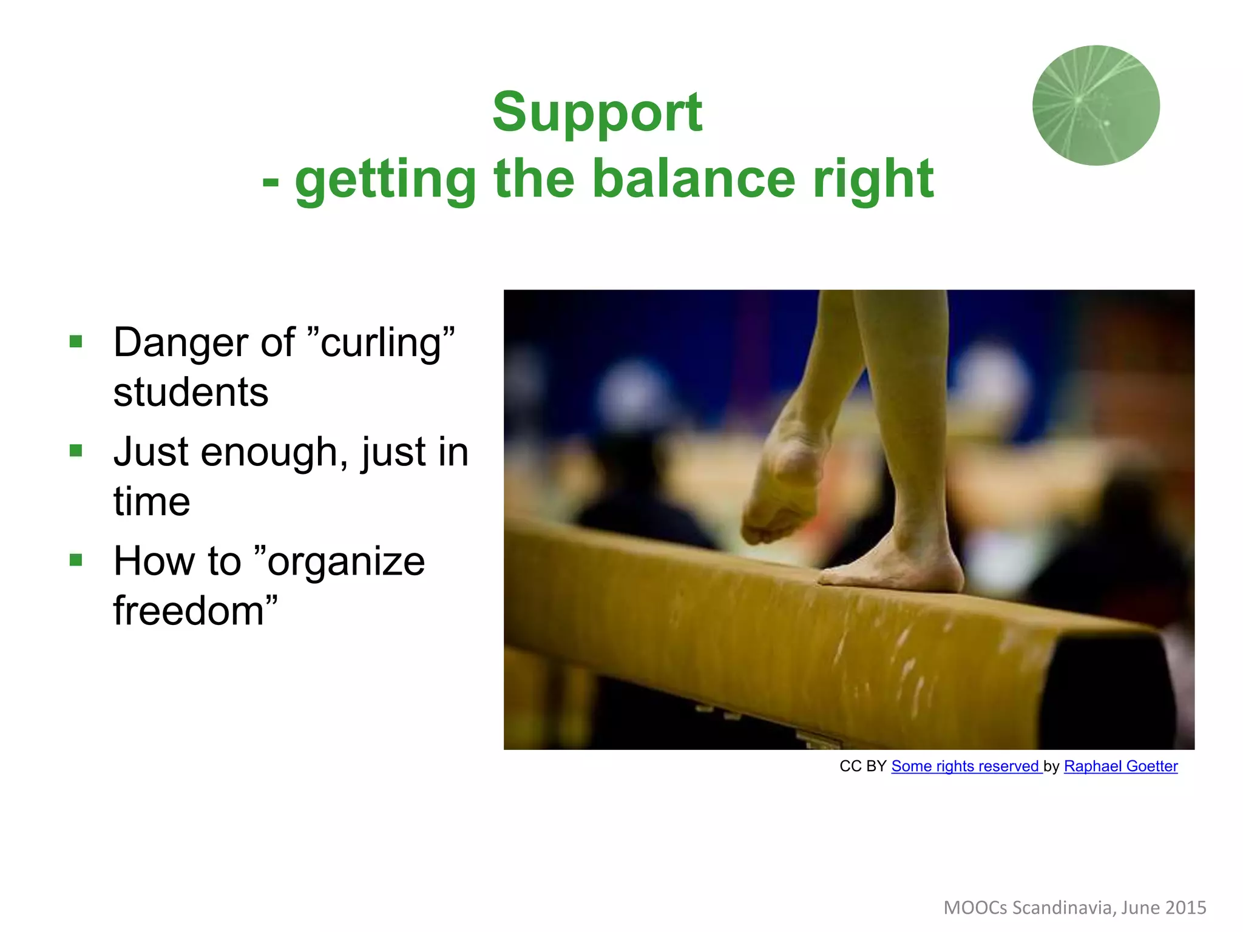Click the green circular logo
1096,106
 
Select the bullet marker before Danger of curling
76,342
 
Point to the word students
191,392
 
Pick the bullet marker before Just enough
76,451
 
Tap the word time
152,502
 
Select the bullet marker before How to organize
76,559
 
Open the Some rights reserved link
965,766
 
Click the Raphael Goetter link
1120,766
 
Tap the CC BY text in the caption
862,766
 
